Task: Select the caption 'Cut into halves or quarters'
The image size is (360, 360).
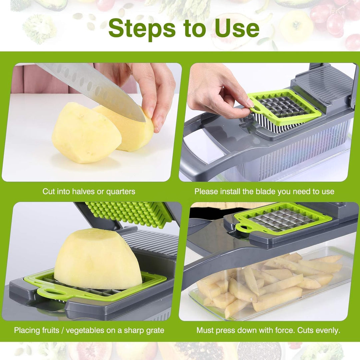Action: pos(89,192)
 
